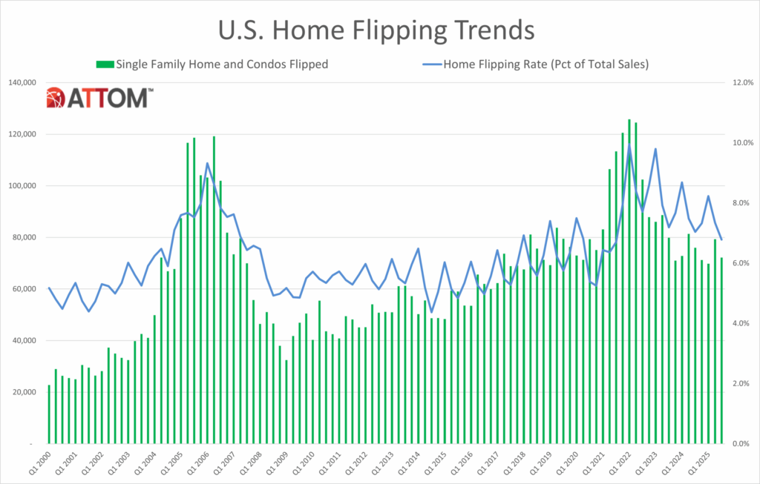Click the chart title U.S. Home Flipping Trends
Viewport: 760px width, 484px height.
376,30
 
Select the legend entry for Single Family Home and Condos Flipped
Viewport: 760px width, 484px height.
212,64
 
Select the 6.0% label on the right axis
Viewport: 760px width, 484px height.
742,264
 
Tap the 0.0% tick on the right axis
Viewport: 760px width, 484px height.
742,444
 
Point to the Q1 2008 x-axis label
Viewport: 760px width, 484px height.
252,463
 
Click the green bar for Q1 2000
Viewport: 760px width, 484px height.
49,415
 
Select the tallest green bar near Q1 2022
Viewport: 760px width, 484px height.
629,282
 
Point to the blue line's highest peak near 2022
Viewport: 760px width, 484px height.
629,145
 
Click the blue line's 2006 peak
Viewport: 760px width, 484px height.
207,163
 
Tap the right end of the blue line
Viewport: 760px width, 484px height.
721,239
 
